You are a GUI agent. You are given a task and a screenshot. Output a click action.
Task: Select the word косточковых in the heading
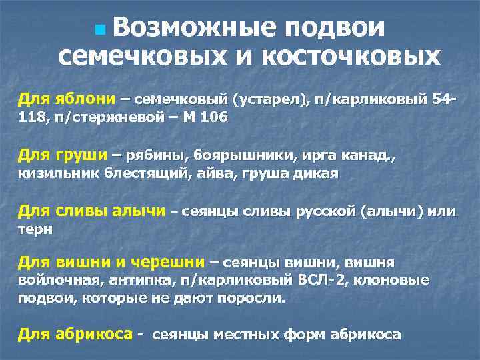pos(351,56)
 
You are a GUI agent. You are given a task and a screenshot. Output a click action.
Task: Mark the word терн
pos(34,229)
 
